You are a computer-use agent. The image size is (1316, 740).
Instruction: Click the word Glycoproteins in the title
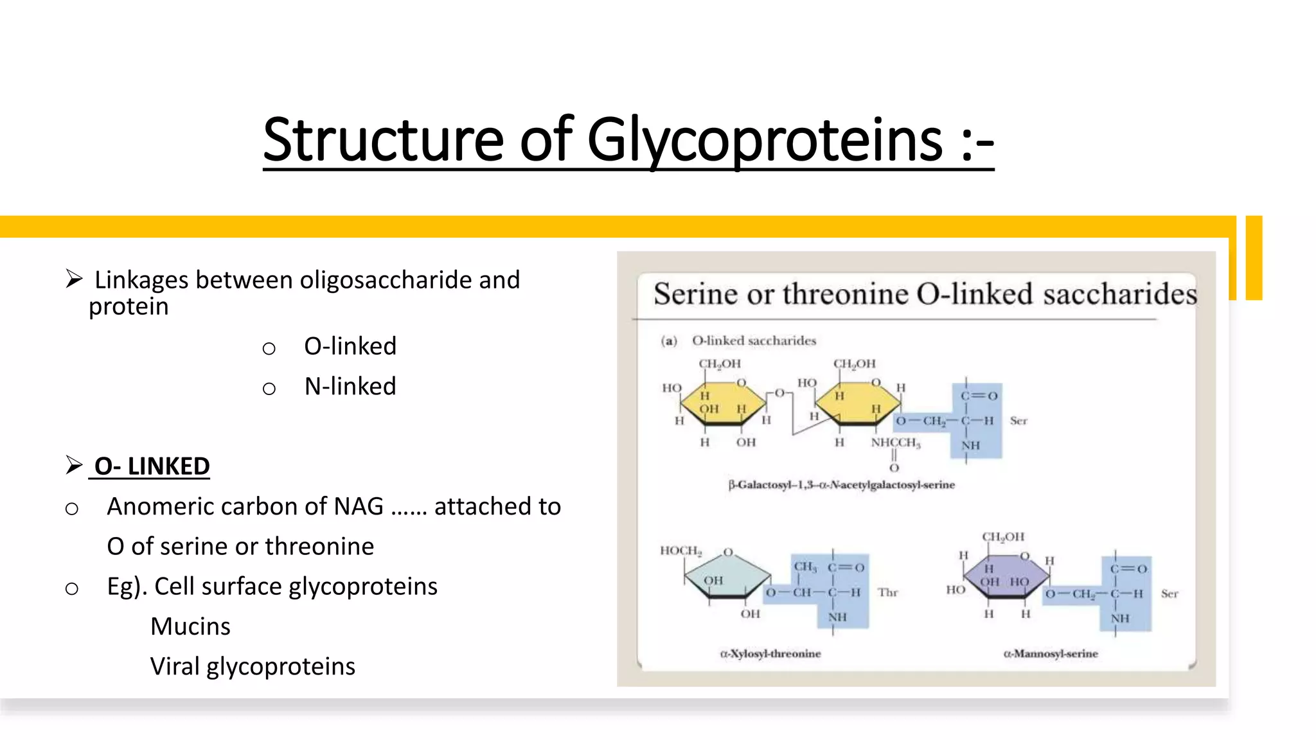tap(765, 140)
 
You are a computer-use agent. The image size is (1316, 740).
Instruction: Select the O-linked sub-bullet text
tap(350, 346)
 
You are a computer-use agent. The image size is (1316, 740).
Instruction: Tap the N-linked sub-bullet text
tap(350, 386)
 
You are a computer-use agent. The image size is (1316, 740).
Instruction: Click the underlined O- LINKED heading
tap(152, 466)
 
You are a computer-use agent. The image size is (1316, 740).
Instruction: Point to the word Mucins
tap(190, 626)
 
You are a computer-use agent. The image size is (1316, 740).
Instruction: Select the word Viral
tap(175, 666)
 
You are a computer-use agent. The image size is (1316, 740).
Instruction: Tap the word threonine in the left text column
tap(319, 546)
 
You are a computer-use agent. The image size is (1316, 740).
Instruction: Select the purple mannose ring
tap(1006, 576)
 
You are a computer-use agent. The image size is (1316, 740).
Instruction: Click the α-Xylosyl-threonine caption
tap(770, 653)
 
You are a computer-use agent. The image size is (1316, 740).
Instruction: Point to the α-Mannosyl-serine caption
tap(1051, 653)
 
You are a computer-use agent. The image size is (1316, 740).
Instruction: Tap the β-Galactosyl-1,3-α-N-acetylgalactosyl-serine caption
tap(841, 484)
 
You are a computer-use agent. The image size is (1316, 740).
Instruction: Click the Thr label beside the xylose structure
tap(887, 592)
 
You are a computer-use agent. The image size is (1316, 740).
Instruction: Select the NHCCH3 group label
tap(895, 443)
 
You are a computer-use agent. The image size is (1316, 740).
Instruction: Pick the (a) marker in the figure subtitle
tap(669, 340)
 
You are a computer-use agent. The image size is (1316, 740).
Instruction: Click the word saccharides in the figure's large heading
tap(1119, 294)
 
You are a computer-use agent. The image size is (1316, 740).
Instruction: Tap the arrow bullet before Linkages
tap(74, 279)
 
